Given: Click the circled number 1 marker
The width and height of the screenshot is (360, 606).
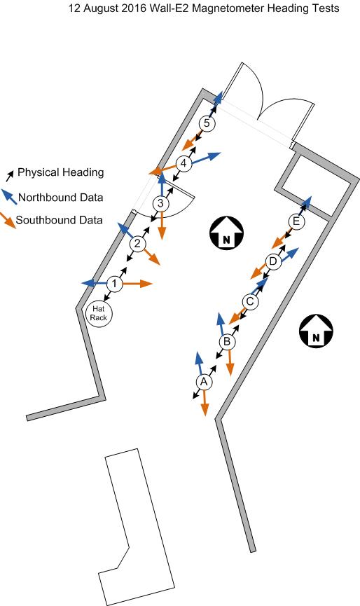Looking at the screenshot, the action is point(114,284).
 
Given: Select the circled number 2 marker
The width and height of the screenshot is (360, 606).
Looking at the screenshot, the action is point(137,244).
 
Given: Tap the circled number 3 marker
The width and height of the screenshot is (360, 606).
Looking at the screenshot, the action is point(160,203).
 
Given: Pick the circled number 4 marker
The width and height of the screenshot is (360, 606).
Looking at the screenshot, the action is point(184,163).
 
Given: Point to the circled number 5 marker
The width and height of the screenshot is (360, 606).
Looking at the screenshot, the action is point(207,124).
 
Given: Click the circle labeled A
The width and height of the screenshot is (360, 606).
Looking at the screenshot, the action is point(204,382).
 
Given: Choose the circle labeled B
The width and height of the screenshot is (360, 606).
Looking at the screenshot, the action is point(227,342).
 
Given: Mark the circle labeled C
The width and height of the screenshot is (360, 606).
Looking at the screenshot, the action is point(250,301).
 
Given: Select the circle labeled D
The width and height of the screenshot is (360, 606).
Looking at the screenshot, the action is point(273,261).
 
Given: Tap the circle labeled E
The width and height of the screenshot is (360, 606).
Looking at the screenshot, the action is point(296,221).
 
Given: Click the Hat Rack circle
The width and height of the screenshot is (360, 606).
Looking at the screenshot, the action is point(99,313).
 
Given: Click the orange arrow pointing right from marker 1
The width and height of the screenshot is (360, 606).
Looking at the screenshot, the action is point(137,284).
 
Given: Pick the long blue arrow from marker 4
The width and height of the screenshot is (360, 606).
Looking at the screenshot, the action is point(206,158).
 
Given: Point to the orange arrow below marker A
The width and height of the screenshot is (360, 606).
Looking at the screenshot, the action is point(205,403).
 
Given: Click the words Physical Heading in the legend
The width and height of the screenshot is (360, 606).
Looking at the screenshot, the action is point(61,172).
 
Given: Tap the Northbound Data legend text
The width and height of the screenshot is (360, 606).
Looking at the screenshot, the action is point(61,198).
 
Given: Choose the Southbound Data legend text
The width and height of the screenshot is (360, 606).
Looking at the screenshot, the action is point(59,220).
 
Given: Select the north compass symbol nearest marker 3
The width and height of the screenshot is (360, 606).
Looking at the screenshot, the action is point(226,233).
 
